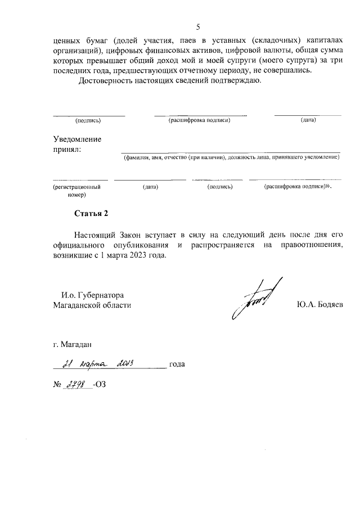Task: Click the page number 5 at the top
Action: (197, 26)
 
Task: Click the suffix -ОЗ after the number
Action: (100, 385)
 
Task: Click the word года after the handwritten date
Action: (177, 364)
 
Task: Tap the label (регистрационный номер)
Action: (77, 190)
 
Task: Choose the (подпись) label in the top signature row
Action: (88, 120)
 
